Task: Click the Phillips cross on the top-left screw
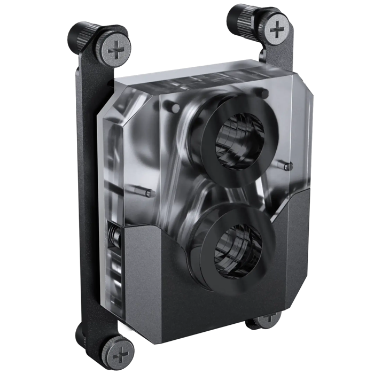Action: click(116, 51)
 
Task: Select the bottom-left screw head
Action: click(122, 353)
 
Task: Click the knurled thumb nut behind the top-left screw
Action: click(80, 35)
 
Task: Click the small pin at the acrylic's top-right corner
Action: click(264, 93)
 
